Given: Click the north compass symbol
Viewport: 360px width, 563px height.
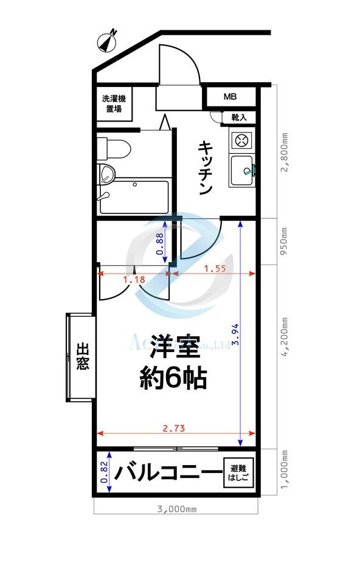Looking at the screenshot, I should (108, 41).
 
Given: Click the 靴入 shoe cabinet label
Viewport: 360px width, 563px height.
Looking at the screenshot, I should (239, 117).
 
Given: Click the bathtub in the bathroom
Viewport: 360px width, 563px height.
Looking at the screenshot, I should (134, 197).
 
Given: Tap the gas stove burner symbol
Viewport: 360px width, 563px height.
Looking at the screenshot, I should (241, 140).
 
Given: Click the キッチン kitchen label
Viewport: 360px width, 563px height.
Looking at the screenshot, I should (204, 168).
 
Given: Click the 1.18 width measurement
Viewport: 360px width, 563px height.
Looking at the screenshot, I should (133, 280).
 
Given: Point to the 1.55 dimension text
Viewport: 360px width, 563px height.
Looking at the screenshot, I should (215, 268).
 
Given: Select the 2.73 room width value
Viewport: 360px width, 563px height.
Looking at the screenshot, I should (175, 428).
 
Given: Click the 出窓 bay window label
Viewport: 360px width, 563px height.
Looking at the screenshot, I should (83, 357).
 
